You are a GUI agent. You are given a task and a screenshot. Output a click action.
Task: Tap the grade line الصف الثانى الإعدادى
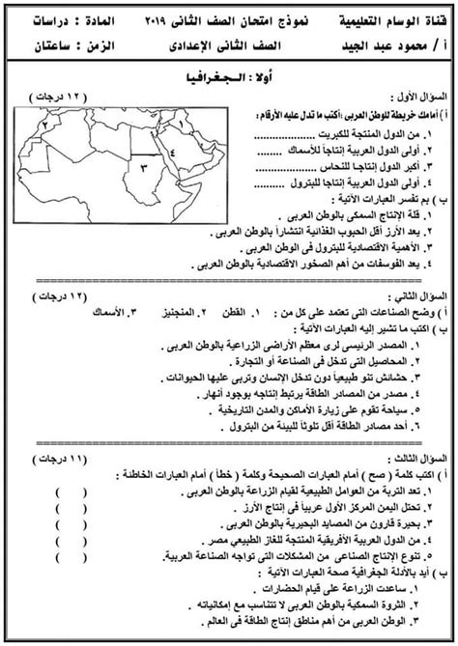tap(224, 43)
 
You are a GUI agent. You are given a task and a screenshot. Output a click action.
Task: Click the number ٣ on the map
tap(141, 168)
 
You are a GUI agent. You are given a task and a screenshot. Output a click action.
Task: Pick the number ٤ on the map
tap(171, 152)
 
